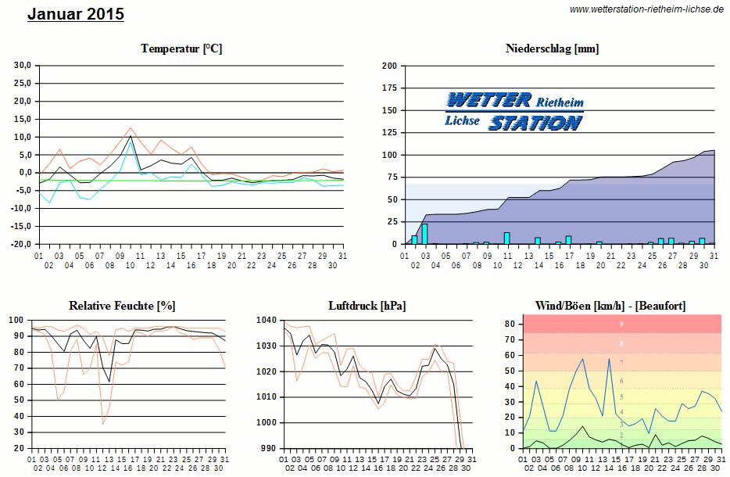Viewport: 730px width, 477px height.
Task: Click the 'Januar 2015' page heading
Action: tap(76, 14)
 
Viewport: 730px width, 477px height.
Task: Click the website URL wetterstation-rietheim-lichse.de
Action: tap(646, 9)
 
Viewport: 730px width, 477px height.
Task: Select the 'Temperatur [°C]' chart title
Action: tap(181, 48)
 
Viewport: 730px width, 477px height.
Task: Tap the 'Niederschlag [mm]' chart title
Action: tap(552, 48)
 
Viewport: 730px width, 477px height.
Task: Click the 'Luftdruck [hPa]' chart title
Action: tap(367, 305)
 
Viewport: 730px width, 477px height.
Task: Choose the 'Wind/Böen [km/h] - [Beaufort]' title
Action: tap(610, 305)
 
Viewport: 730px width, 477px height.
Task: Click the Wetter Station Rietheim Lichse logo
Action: tap(514, 111)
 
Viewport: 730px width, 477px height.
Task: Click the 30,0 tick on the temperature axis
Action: tap(20, 65)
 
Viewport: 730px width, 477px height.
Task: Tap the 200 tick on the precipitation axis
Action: tap(389, 66)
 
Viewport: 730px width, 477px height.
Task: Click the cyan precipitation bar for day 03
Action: tap(424, 234)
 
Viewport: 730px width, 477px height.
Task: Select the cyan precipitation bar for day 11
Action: tap(506, 238)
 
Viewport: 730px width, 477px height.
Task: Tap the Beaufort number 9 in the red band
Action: tap(621, 324)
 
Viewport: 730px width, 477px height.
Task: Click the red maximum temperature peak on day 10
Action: tap(131, 128)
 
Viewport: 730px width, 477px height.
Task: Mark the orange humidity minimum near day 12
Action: tap(103, 423)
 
